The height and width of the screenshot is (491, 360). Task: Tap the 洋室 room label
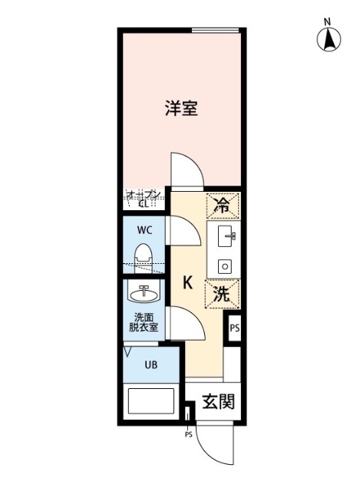tap(181, 108)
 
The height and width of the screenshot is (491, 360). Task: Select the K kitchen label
tap(187, 282)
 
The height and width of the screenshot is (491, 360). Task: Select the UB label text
tap(150, 364)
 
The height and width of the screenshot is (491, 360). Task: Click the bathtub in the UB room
tap(150, 403)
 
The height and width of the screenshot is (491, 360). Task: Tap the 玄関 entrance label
tap(217, 402)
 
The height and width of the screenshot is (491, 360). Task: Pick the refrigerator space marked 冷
tap(223, 205)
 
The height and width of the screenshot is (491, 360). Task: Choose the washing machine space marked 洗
tap(223, 292)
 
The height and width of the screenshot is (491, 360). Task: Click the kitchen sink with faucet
tap(226, 237)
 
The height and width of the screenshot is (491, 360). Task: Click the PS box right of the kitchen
tap(235, 328)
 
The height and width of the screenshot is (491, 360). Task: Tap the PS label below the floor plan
tap(188, 435)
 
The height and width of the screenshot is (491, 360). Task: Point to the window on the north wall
tap(217, 31)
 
